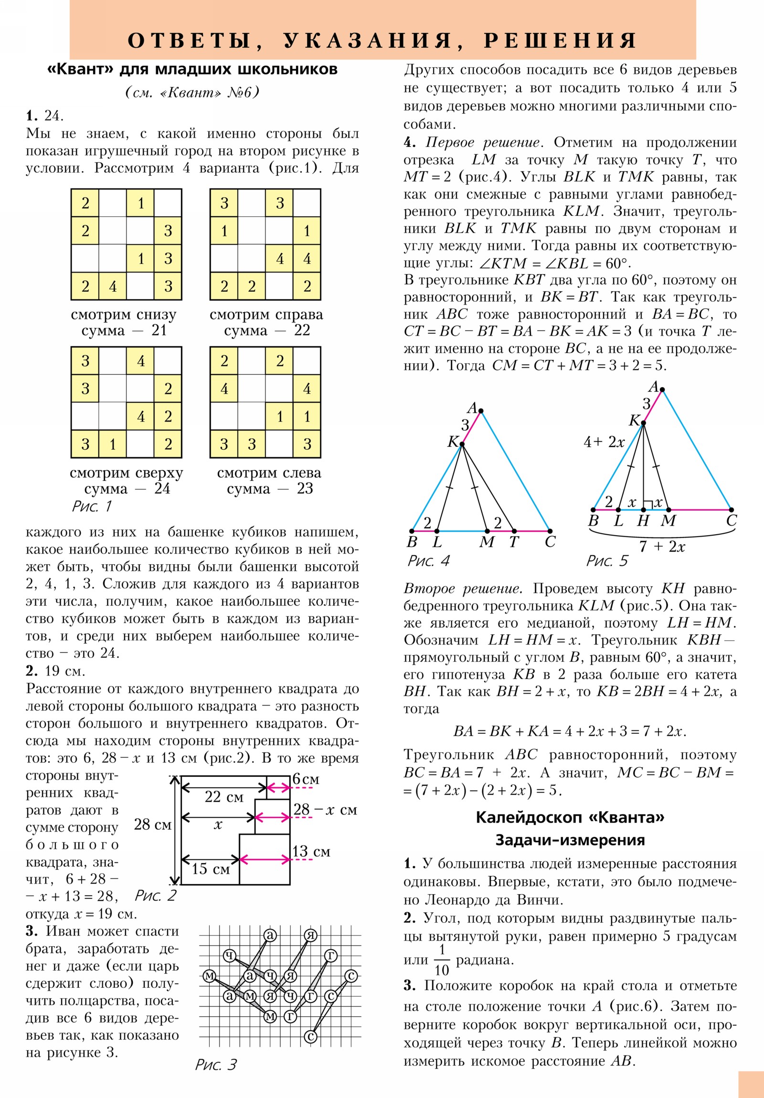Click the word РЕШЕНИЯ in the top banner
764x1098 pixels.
pos(560,40)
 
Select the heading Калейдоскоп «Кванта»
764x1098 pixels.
pos(570,817)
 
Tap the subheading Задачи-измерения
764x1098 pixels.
pos(570,840)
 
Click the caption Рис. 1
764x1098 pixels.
pos(92,506)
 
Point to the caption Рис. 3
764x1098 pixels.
pos(216,1065)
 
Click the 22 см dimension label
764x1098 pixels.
pos(224,797)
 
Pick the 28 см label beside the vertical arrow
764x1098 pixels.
pos(153,824)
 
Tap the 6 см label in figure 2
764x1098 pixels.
pos(306,779)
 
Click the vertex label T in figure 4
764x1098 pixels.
pos(514,542)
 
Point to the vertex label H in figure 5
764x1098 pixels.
pos(643,521)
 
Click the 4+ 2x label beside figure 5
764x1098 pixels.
pos(604,442)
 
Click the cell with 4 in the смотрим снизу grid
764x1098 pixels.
pos(113,286)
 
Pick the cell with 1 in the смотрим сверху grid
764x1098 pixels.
pos(113,444)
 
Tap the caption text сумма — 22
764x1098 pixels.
pos(267,330)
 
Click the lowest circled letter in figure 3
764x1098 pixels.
pos(310,1037)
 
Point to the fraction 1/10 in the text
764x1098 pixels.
pos(442,960)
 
